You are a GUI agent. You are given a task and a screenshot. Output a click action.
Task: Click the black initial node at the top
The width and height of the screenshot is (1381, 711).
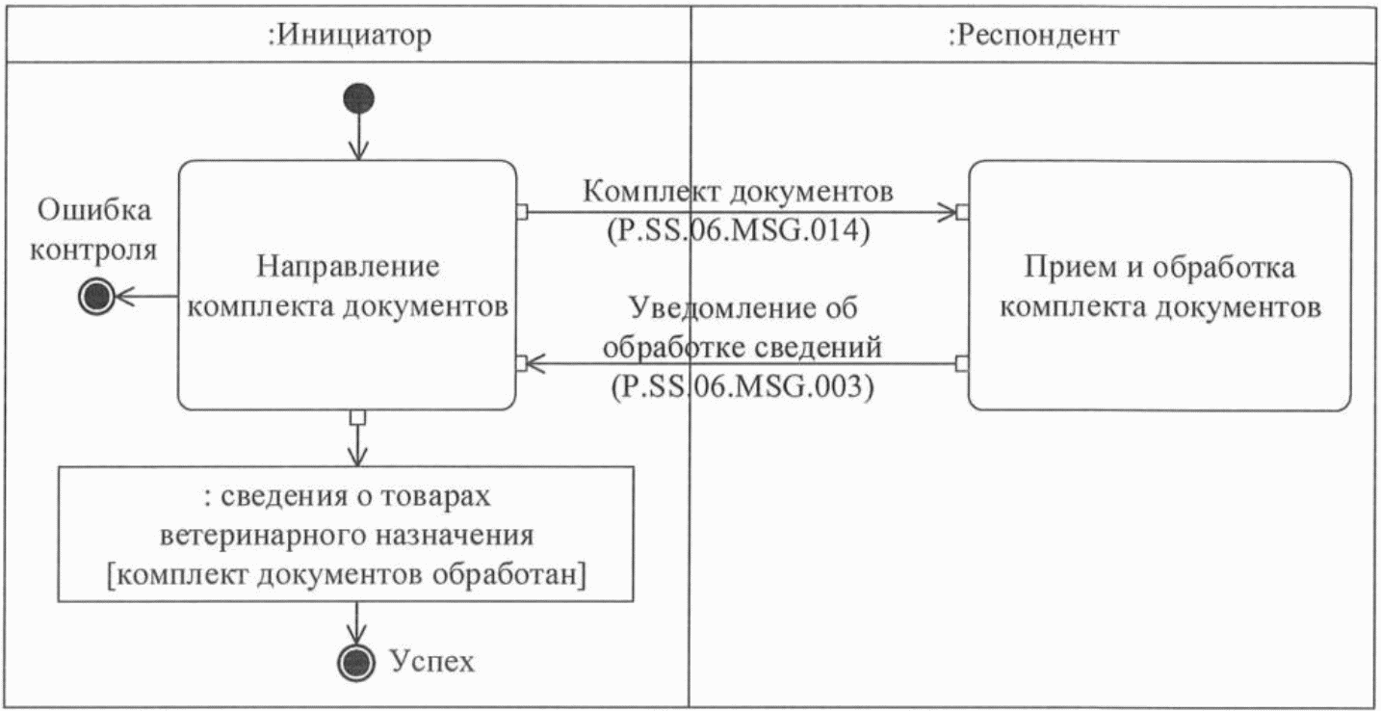pos(358,98)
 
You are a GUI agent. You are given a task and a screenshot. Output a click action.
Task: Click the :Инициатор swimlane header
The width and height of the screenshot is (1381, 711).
pos(348,36)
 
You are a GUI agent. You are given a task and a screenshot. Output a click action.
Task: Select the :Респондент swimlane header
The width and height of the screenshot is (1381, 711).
pos(1032,36)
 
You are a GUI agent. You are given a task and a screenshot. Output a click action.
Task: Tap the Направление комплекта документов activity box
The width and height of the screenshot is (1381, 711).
pos(347,286)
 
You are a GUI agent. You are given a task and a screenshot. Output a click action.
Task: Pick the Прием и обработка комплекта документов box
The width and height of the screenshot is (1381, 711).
pos(1160,286)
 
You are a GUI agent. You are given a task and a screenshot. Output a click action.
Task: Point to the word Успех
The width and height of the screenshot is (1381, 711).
pos(432,662)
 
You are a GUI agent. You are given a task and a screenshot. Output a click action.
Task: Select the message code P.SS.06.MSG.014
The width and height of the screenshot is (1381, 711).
pos(739,232)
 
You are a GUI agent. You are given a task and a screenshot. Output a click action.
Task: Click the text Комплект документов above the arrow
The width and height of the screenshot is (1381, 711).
pos(739,191)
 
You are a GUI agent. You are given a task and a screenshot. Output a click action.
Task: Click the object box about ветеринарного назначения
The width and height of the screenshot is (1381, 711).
pos(347,535)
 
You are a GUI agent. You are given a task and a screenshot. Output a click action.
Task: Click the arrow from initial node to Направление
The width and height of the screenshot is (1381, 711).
pos(358,135)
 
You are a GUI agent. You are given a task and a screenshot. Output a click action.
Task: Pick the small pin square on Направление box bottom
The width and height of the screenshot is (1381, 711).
pos(358,417)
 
